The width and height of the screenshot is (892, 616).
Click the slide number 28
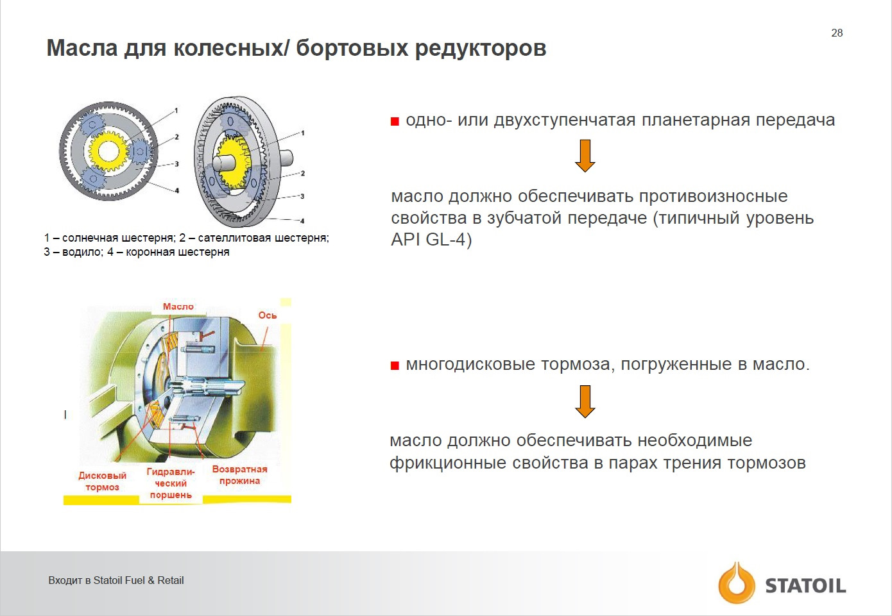(x=837, y=33)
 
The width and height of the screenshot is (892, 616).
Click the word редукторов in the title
(x=481, y=49)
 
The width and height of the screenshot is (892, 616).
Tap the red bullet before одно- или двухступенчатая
(x=395, y=121)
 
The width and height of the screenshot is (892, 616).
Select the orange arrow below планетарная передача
(x=585, y=156)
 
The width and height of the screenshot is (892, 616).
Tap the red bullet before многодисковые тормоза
(x=395, y=365)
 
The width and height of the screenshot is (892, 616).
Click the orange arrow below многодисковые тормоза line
(x=585, y=401)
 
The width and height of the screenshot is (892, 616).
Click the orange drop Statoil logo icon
(x=736, y=583)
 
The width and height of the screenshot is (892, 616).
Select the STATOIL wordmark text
(x=805, y=586)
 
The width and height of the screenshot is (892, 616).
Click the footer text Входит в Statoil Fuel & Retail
(x=116, y=581)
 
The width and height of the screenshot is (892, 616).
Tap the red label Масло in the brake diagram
(x=178, y=306)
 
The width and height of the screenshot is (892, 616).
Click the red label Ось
(x=267, y=315)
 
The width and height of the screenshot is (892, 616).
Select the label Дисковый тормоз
(x=102, y=481)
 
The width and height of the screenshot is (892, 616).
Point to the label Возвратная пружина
(x=240, y=475)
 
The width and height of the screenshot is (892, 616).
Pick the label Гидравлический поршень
(x=171, y=483)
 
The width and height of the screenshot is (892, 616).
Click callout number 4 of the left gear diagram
(x=177, y=190)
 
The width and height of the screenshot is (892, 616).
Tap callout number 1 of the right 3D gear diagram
(x=303, y=133)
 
